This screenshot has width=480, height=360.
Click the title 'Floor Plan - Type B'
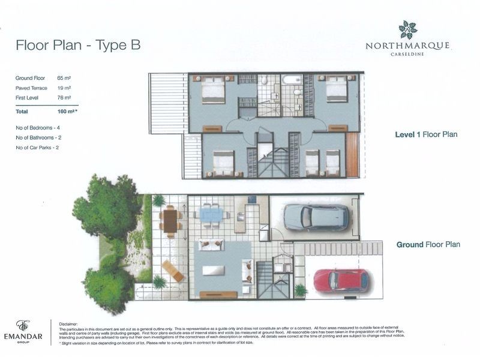[x=77, y=46]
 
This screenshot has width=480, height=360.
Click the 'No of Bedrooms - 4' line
[x=42, y=128]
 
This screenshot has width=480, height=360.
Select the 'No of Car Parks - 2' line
[x=41, y=147]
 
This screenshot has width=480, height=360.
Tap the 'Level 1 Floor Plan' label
[x=426, y=134]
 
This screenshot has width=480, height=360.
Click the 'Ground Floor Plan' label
[x=428, y=244]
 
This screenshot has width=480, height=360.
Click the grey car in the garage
[x=316, y=217]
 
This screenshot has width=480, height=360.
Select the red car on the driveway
[x=341, y=280]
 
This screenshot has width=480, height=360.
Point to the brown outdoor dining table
[x=170, y=220]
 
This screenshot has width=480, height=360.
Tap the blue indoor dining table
[x=211, y=214]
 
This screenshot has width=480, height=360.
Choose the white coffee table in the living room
[x=213, y=270]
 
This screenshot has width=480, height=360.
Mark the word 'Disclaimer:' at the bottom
[x=70, y=323]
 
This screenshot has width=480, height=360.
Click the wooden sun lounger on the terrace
[x=173, y=271]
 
